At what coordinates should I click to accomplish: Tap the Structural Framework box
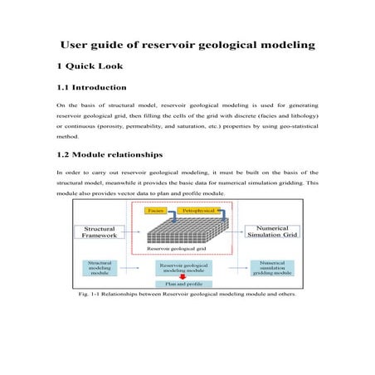coord(102,233)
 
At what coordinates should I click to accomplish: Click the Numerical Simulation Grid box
coord(272,233)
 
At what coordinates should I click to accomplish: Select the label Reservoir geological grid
coord(175,248)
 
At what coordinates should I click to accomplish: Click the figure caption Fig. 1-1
coord(187,294)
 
